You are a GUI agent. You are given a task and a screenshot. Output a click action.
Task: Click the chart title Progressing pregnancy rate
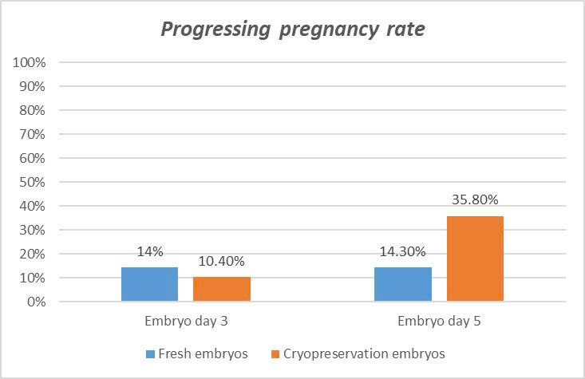(x=293, y=30)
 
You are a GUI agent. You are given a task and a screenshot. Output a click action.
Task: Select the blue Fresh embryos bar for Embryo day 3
(x=149, y=284)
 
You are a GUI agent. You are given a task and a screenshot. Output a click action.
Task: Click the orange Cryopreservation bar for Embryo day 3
(x=222, y=289)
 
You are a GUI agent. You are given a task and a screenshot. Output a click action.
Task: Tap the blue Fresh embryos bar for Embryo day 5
(x=402, y=284)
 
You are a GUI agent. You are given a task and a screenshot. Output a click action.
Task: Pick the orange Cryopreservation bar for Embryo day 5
(x=475, y=259)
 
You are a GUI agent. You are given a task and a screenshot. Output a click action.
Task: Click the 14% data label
(x=149, y=252)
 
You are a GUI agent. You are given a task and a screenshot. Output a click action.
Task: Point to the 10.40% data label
(x=222, y=261)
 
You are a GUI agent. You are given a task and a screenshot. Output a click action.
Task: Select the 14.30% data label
(x=402, y=252)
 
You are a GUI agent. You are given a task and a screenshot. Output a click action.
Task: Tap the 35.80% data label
(x=475, y=199)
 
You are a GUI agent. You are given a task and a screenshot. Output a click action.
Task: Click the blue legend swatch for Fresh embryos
(x=150, y=353)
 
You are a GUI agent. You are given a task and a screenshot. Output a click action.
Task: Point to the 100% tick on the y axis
(x=30, y=62)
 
